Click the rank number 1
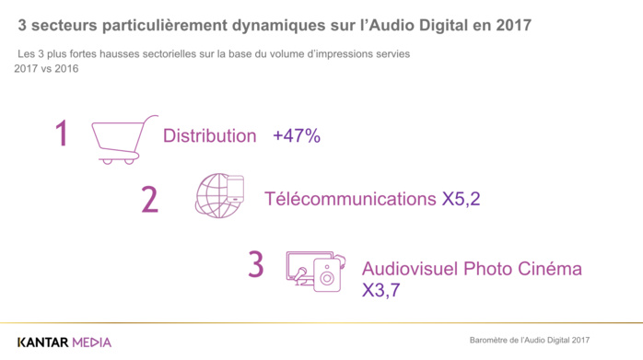click(62, 134)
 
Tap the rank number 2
click(149, 198)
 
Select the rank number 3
click(255, 264)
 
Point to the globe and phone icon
click(218, 195)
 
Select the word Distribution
click(209, 136)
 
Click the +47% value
click(296, 136)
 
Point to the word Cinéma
click(549, 269)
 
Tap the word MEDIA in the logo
click(92, 342)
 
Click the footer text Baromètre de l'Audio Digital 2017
click(528, 341)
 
